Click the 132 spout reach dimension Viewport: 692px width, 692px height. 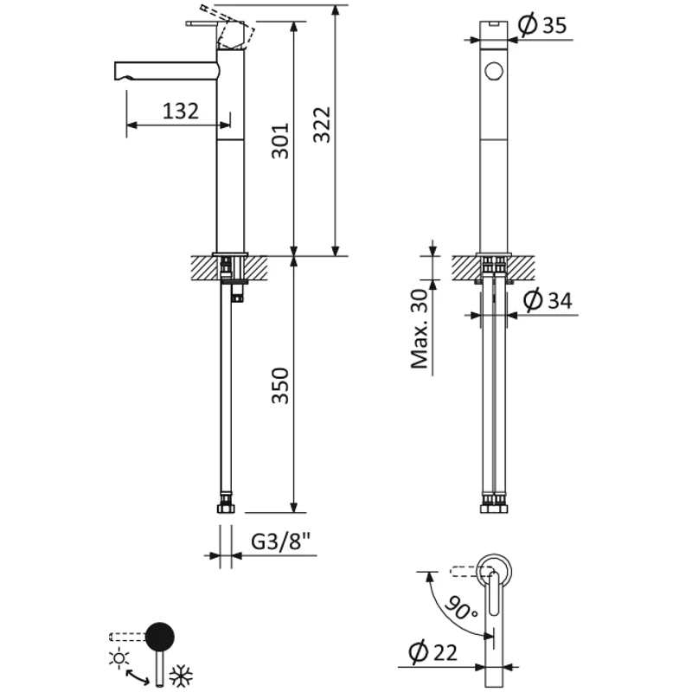(181, 111)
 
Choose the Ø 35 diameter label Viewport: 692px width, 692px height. (543, 26)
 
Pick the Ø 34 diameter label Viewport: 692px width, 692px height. (548, 301)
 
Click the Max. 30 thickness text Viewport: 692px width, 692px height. (420, 329)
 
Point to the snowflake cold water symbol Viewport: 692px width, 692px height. (182, 676)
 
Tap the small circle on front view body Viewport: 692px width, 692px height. (495, 72)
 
